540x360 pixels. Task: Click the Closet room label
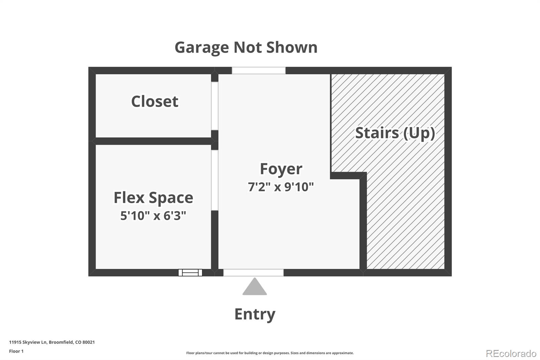tap(155, 101)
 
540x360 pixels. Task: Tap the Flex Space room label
tap(153, 198)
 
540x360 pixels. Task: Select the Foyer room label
tap(281, 169)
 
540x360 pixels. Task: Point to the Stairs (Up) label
tap(395, 133)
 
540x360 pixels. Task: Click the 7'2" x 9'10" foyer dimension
tap(281, 187)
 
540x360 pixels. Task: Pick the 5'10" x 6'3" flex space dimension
tap(153, 215)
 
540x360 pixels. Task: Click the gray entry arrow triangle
tap(254, 287)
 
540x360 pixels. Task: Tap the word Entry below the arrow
tap(255, 314)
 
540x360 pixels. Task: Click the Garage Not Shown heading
tap(246, 47)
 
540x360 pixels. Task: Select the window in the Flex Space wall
tap(190, 273)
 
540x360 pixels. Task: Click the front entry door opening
tap(253, 273)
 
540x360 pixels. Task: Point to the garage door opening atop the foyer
tap(259, 71)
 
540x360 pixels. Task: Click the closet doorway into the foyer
tap(215, 106)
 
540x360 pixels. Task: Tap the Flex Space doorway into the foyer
tap(215, 180)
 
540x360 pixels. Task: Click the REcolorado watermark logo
tap(511, 353)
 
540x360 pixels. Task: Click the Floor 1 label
tap(16, 351)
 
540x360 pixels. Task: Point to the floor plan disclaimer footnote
tap(270, 353)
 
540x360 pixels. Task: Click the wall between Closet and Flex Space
tap(153, 141)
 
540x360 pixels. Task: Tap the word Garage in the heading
tap(201, 47)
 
